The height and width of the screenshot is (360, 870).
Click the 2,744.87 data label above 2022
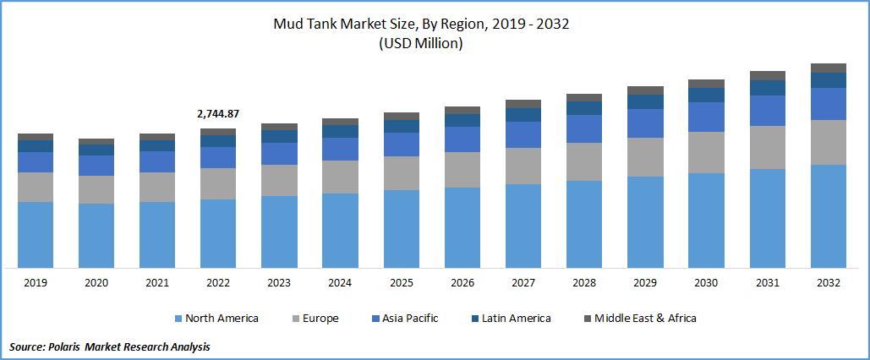(x=217, y=113)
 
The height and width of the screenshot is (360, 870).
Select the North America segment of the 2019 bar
(x=36, y=234)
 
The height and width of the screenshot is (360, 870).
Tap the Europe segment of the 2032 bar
(x=828, y=142)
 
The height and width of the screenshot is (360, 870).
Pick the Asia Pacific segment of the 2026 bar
(x=462, y=139)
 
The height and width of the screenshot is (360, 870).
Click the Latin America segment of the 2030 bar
(x=706, y=95)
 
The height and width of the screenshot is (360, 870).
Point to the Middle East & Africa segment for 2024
(x=340, y=122)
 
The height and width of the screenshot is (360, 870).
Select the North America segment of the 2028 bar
(x=584, y=224)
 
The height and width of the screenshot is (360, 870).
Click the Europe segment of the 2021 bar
(x=157, y=187)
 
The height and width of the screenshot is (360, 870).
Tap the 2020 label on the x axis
(x=96, y=283)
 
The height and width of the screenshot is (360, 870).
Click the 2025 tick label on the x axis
(x=401, y=283)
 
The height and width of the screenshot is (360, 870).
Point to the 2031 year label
(x=767, y=283)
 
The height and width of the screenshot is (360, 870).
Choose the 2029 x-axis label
(x=645, y=283)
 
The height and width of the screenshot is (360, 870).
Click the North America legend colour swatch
(x=178, y=319)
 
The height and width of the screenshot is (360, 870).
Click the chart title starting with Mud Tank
(x=420, y=24)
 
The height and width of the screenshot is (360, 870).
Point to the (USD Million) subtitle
(x=420, y=44)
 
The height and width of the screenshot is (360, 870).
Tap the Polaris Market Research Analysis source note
(x=110, y=346)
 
